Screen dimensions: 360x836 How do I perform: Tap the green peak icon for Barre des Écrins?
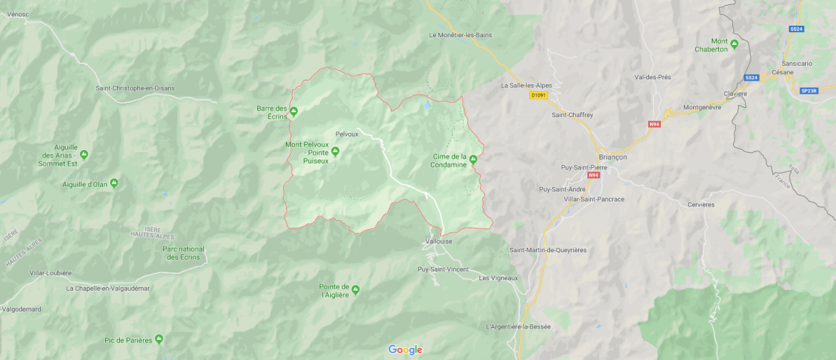tap(293, 111)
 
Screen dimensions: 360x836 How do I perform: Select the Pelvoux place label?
tap(347, 134)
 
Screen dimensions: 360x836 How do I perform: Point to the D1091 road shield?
tap(538, 94)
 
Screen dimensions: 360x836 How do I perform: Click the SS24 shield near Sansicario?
tap(796, 29)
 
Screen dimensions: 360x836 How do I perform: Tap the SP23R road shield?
tap(809, 91)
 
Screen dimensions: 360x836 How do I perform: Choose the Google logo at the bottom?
tap(405, 349)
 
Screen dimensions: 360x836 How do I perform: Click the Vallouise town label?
tap(439, 241)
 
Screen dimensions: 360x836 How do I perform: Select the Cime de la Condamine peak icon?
tap(473, 159)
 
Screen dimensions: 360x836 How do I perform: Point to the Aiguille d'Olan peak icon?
tap(114, 184)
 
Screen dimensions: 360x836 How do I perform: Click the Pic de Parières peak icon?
tap(159, 339)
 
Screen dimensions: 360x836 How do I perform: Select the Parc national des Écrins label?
tap(184, 253)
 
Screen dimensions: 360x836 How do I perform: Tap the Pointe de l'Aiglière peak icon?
tap(355, 289)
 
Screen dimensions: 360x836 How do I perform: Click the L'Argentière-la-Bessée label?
tap(518, 326)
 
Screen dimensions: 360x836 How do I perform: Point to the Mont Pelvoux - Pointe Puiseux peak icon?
tap(335, 151)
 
